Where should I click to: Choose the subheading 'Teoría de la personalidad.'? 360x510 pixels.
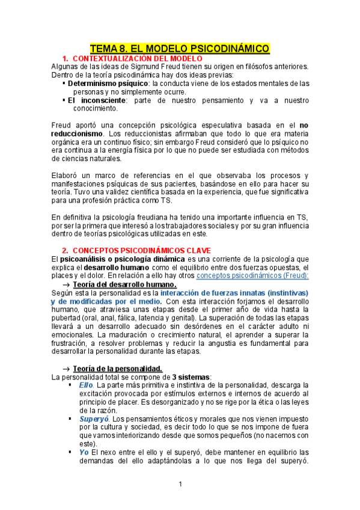[x=117, y=369]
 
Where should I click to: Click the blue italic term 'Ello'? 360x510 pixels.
[x=85, y=385]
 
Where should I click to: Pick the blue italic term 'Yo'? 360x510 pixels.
[x=84, y=452]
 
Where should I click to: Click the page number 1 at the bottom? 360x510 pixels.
[x=180, y=484]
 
